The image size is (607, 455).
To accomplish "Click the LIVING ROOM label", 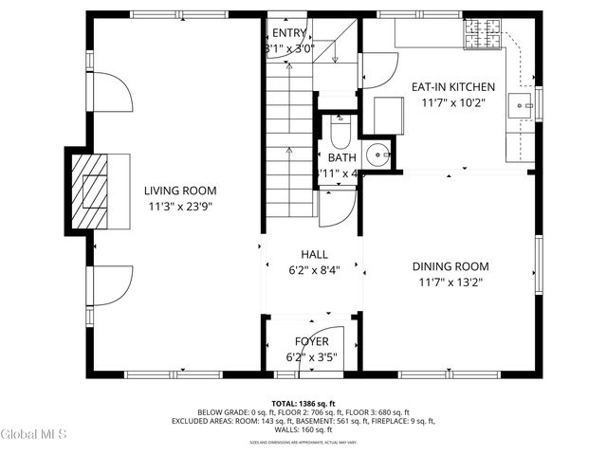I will tap(174, 191).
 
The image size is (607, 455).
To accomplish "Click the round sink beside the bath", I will tap(377, 154).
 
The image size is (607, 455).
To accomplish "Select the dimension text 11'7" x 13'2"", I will tap(451, 282).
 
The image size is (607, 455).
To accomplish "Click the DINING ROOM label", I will tap(451, 267).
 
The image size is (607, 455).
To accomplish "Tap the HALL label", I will tap(314, 254).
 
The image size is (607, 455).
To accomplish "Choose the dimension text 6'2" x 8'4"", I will tap(314, 269).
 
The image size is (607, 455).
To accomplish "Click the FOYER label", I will tap(312, 341).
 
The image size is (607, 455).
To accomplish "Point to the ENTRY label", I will tap(289, 33).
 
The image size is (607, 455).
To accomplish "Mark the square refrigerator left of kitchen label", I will tap(389, 115).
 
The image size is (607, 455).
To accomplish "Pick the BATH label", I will tap(341, 157).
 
